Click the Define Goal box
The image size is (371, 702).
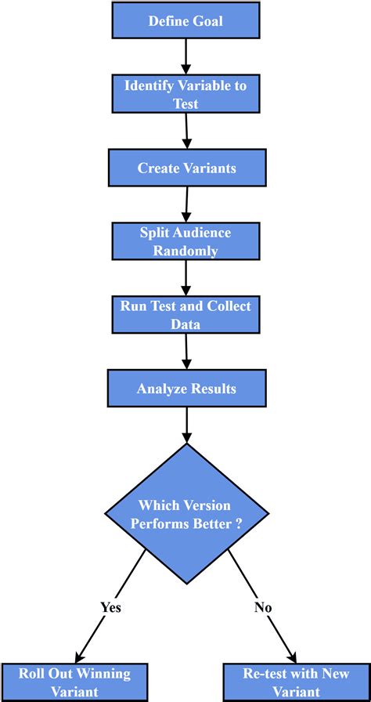coord(185,20)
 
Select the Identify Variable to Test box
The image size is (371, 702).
coord(185,94)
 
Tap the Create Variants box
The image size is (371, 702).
coord(186,168)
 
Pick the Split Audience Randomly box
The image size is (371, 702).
coord(185,241)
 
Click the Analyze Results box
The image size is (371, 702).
coord(186,388)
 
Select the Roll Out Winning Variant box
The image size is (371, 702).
coord(65,682)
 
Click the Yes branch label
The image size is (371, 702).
coord(110,606)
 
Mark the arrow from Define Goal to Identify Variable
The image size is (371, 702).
coord(185,56)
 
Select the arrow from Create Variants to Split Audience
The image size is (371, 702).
coord(186,204)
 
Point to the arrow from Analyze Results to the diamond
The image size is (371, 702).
coord(186,425)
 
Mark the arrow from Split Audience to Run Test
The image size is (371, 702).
coord(185,277)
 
